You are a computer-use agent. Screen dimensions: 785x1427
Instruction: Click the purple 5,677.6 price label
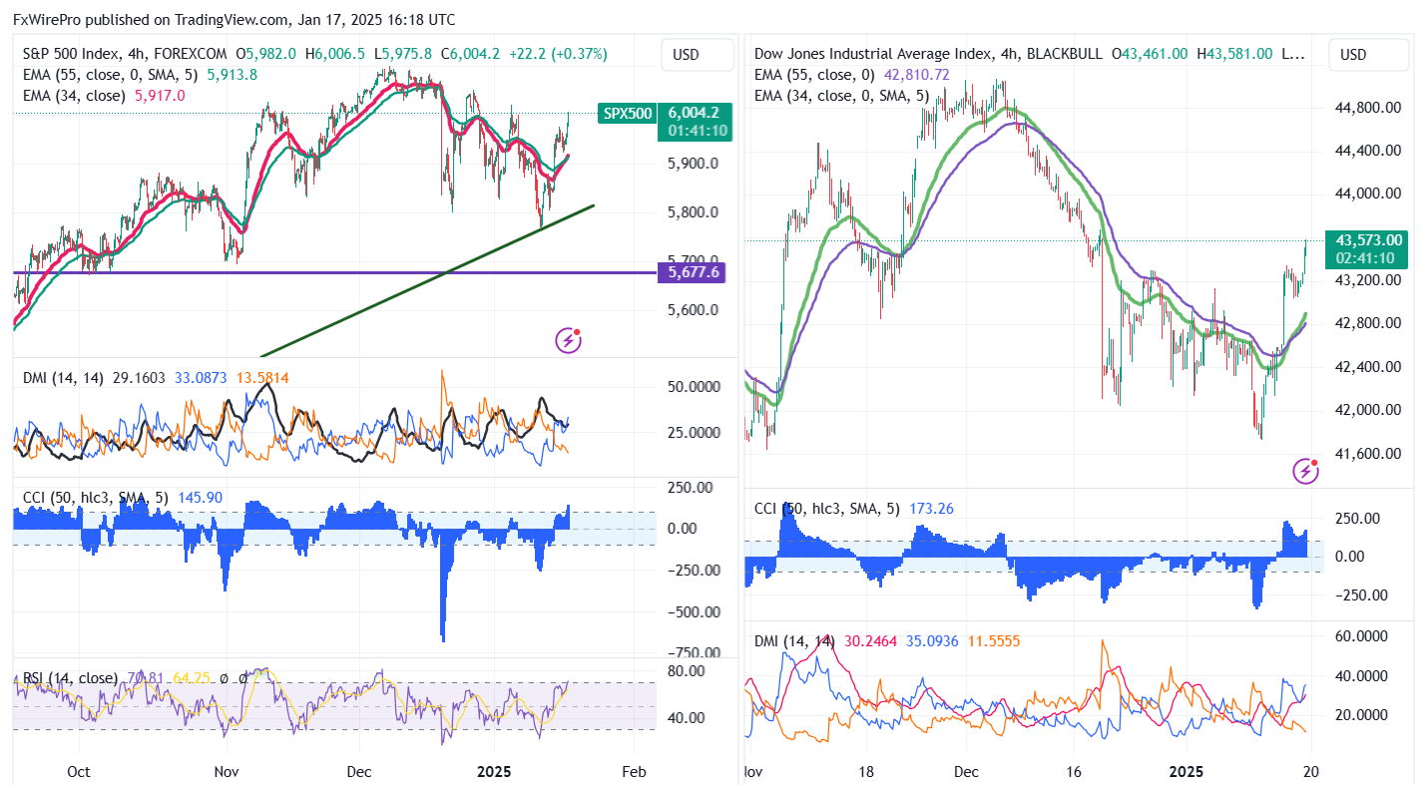689,272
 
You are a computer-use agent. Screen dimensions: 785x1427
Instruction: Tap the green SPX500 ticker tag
626,114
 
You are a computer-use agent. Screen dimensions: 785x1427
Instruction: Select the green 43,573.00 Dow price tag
1366,239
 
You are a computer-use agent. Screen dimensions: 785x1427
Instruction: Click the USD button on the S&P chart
687,54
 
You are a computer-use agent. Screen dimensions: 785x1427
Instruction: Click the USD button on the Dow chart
1353,54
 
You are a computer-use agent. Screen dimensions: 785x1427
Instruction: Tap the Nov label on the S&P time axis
227,771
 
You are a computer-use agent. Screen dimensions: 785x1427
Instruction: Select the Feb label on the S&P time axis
633,771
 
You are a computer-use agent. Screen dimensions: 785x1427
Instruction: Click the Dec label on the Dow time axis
966,771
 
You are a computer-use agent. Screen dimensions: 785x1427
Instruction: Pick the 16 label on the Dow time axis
1074,771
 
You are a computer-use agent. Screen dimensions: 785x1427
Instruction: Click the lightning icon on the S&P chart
569,341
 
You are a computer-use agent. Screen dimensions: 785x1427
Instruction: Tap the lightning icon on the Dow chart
1306,471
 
